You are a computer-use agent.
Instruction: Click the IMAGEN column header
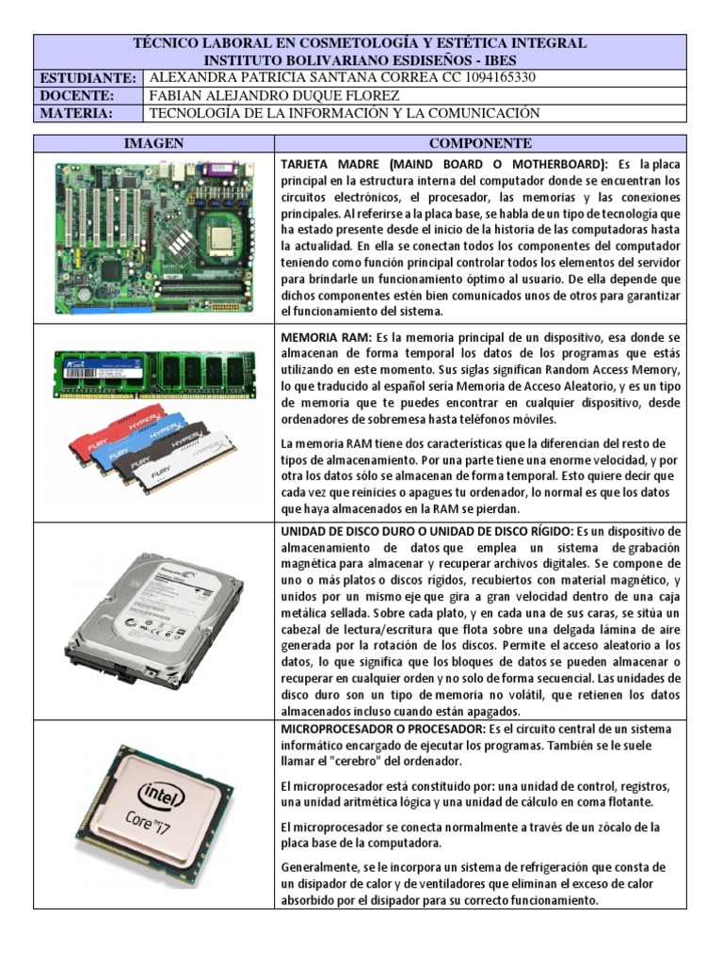point(153,143)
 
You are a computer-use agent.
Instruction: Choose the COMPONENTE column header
point(480,143)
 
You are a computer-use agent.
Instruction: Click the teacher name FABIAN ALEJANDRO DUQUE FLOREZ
point(275,96)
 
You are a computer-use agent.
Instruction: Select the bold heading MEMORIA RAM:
point(327,336)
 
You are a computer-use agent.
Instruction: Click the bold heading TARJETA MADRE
point(327,164)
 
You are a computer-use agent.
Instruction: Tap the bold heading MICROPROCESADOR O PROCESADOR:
point(382,730)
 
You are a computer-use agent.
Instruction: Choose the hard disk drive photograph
point(153,617)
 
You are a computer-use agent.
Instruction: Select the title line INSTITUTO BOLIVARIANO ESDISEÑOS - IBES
point(361,60)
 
